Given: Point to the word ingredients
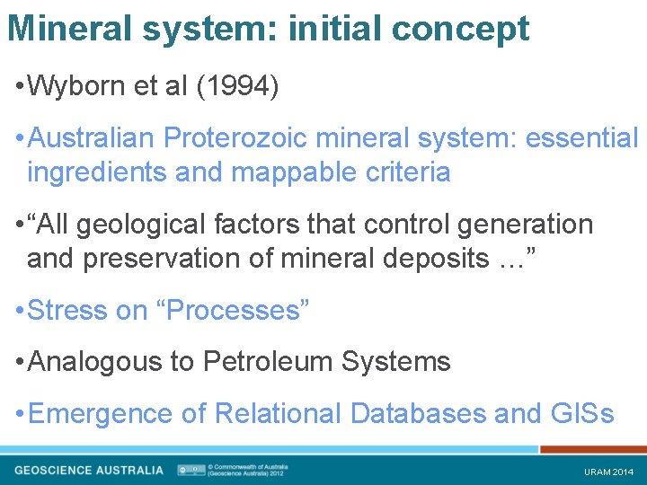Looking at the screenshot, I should [x=97, y=172].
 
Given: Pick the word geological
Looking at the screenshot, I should [x=134, y=224].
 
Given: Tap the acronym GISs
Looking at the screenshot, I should [x=581, y=414].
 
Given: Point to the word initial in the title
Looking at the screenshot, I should [x=339, y=30].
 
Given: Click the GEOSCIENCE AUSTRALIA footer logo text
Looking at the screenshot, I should [x=89, y=470].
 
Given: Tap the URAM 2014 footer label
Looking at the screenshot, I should [x=608, y=472].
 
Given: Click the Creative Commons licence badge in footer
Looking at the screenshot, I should [x=191, y=470].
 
